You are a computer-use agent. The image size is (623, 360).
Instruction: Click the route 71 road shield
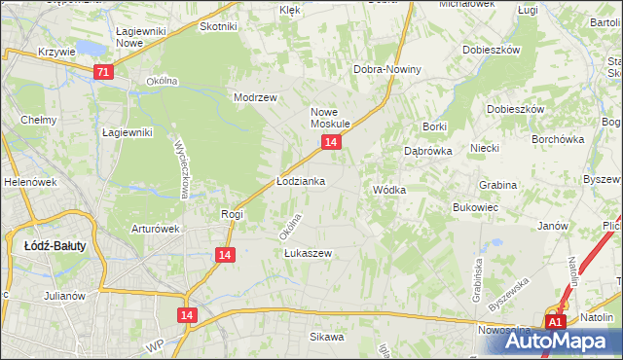click(x=104, y=72)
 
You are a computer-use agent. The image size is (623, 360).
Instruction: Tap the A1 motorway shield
click(x=555, y=322)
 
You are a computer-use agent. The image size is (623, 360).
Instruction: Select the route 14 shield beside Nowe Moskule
click(x=332, y=143)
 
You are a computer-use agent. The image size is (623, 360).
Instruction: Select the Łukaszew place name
click(x=308, y=253)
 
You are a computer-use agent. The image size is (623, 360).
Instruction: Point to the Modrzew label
click(x=256, y=98)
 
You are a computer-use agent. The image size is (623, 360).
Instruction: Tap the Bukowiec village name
click(x=476, y=207)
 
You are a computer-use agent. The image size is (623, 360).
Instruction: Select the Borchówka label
click(x=558, y=139)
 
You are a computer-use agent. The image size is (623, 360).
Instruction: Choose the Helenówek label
click(x=27, y=182)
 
